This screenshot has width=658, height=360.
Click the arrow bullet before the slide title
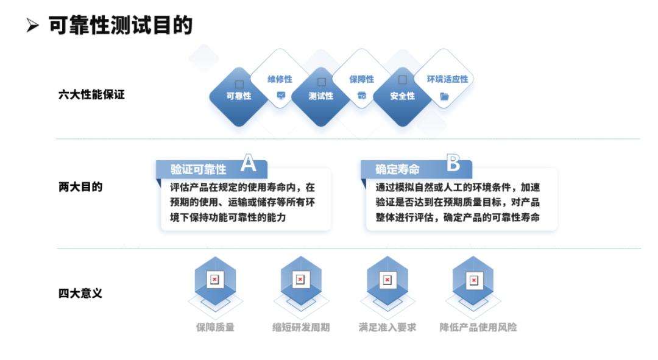point(32,25)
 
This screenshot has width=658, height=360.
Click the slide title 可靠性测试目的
point(121,25)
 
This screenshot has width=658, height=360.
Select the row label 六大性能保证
point(91,94)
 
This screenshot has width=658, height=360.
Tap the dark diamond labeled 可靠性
point(239,96)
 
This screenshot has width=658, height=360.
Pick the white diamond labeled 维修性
point(280,79)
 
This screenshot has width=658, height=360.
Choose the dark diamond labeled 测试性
point(320,96)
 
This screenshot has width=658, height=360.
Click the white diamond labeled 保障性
point(361,79)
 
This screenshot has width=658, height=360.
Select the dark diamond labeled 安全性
point(403,96)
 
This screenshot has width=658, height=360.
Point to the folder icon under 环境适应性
point(444,96)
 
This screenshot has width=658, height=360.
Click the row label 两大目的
point(80,187)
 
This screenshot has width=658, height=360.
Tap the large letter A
point(249,163)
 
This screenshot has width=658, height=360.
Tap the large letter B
point(453,163)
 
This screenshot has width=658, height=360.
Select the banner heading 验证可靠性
point(198,169)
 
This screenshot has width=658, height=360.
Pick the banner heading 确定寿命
point(397,169)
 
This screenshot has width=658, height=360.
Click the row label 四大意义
point(80,293)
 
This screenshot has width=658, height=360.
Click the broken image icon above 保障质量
point(214,280)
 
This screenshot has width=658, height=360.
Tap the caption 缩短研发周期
point(301,327)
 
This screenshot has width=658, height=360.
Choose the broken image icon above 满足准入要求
point(387,280)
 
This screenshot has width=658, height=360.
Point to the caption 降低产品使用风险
point(478,327)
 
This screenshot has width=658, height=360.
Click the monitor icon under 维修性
point(281,95)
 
